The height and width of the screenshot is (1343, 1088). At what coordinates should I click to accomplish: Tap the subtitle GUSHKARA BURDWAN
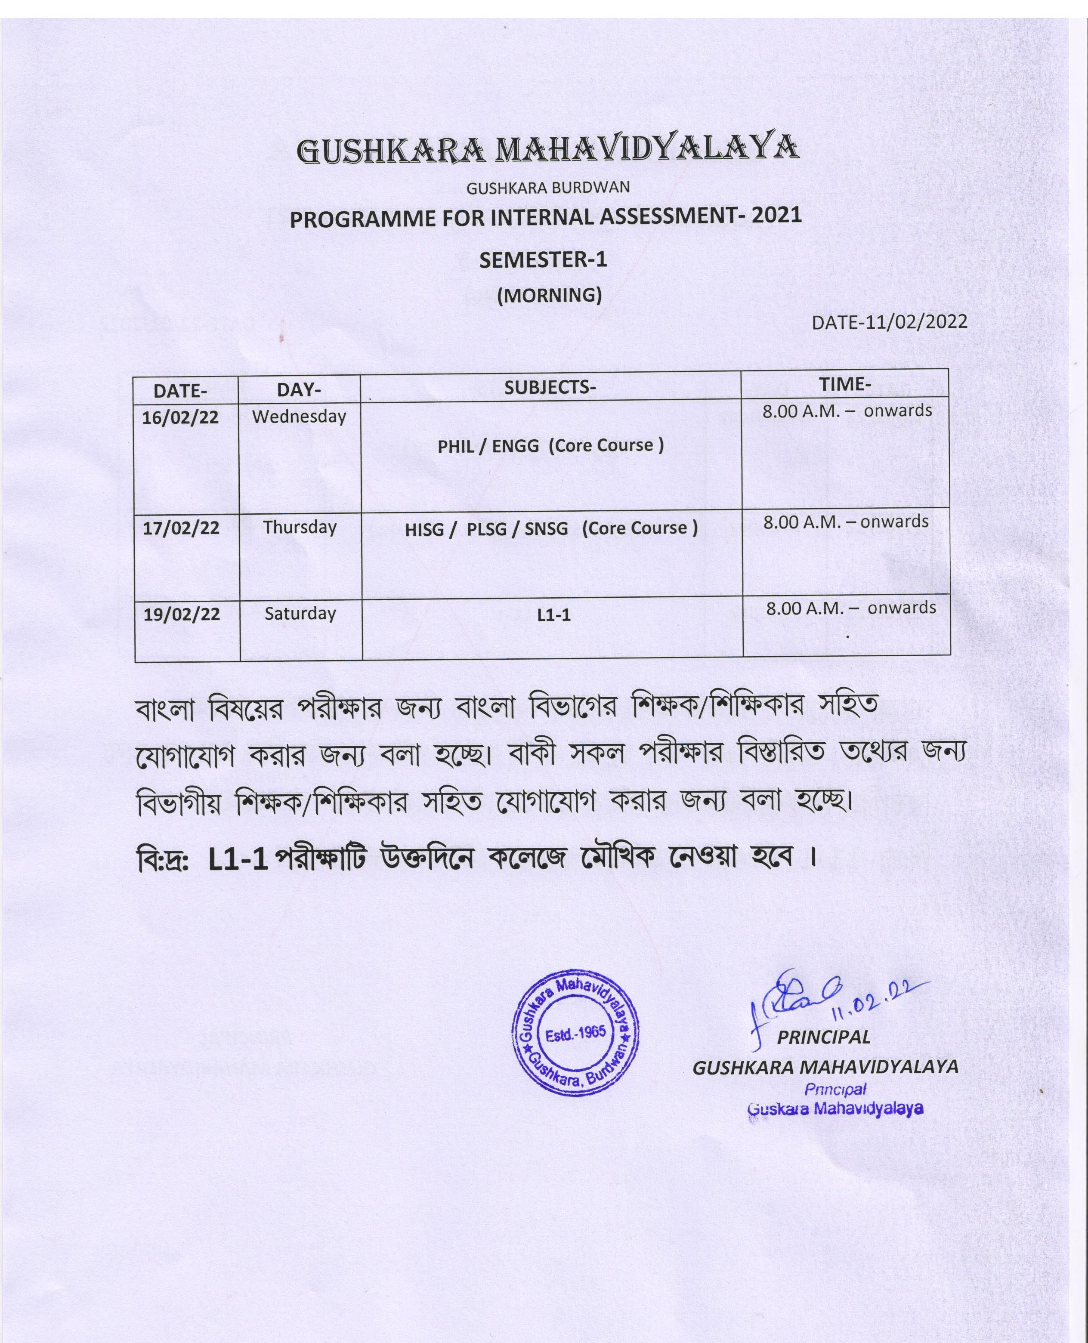pos(548,187)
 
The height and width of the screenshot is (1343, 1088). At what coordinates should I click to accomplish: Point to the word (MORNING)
pos(549,294)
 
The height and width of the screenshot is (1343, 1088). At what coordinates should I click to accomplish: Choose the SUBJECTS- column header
pos(550,387)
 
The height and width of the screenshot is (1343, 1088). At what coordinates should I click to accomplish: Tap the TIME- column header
pos(844,383)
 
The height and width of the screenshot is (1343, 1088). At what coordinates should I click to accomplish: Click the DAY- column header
pos(299,390)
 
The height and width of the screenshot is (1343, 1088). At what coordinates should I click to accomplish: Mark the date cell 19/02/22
pos(182,614)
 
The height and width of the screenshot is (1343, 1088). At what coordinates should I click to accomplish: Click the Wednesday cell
pos(299,416)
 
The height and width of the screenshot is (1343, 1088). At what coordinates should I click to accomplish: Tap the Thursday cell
pos(300,527)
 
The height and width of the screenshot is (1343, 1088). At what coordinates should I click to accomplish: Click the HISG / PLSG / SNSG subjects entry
pos(551,528)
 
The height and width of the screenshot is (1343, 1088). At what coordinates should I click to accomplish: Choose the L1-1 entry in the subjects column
pos(554,615)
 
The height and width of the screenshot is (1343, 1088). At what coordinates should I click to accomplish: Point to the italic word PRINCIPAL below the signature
pos(823,1037)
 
